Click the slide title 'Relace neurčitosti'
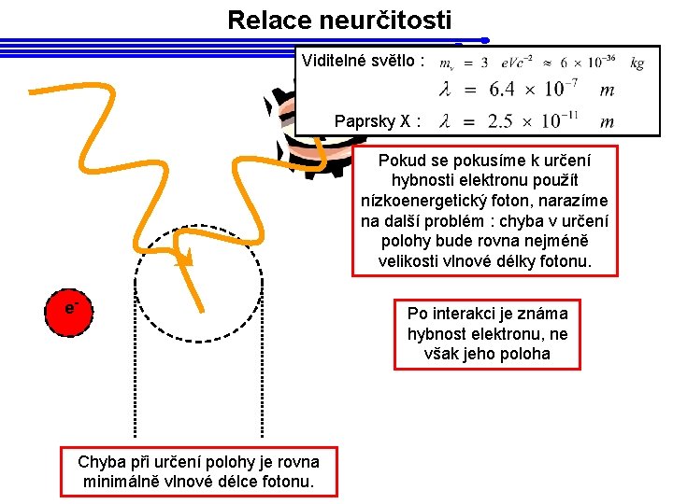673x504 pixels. click(x=338, y=19)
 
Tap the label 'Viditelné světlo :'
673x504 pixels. click(x=363, y=62)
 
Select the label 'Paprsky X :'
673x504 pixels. click(x=378, y=121)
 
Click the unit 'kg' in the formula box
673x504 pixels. click(x=637, y=63)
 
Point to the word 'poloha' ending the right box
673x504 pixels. click(x=526, y=354)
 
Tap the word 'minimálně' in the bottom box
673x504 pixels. click(x=119, y=482)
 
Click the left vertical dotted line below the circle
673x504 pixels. click(x=136, y=373)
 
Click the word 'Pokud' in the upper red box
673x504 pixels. click(x=402, y=160)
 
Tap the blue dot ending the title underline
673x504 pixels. click(x=485, y=40)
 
